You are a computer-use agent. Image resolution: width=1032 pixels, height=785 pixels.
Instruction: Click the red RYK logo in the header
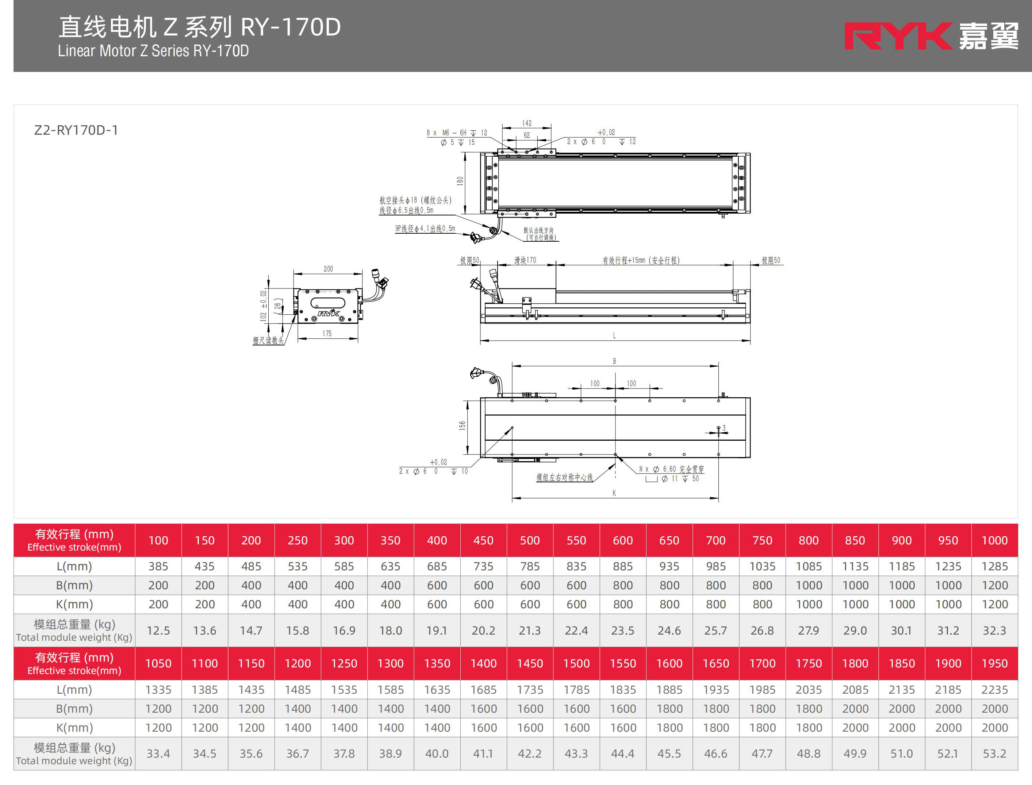pyautogui.click(x=898, y=36)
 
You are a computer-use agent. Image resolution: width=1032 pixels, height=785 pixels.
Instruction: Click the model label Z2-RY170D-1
pyautogui.click(x=76, y=130)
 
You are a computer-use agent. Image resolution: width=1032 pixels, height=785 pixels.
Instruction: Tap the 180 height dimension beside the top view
pyautogui.click(x=460, y=181)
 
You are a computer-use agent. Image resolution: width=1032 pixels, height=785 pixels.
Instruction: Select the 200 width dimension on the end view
pyautogui.click(x=329, y=269)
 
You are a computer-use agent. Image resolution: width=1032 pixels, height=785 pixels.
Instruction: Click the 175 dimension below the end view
pyautogui.click(x=327, y=334)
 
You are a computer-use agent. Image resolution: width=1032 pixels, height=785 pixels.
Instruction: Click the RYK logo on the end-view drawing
pyautogui.click(x=329, y=313)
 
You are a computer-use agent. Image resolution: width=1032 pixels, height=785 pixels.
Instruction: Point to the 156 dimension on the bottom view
pyautogui.click(x=462, y=425)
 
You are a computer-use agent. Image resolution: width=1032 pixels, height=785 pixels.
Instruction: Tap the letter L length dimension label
pyautogui.click(x=614, y=336)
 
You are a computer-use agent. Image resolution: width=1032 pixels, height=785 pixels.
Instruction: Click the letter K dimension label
pyautogui.click(x=614, y=493)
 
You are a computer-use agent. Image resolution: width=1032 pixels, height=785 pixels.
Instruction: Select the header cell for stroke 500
pyautogui.click(x=530, y=541)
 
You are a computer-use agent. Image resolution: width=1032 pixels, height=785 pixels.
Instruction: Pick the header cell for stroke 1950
pyautogui.click(x=995, y=663)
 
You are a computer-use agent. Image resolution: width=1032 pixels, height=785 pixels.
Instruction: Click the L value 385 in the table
pyautogui.click(x=158, y=566)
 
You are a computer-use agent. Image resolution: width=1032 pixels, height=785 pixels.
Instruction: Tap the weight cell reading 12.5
pyautogui.click(x=158, y=630)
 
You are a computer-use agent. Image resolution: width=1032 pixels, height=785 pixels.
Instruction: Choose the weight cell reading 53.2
pyautogui.click(x=995, y=754)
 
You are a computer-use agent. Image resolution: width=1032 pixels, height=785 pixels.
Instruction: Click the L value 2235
pyautogui.click(x=995, y=690)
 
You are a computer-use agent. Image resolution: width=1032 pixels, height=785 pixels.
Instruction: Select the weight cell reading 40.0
pyautogui.click(x=437, y=754)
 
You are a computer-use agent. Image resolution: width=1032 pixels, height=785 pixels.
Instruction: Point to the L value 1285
pyautogui.click(x=995, y=566)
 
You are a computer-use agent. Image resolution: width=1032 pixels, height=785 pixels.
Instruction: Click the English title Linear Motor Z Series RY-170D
pyautogui.click(x=153, y=50)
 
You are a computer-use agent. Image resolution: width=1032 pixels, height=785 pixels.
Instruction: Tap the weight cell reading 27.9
pyautogui.click(x=809, y=630)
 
